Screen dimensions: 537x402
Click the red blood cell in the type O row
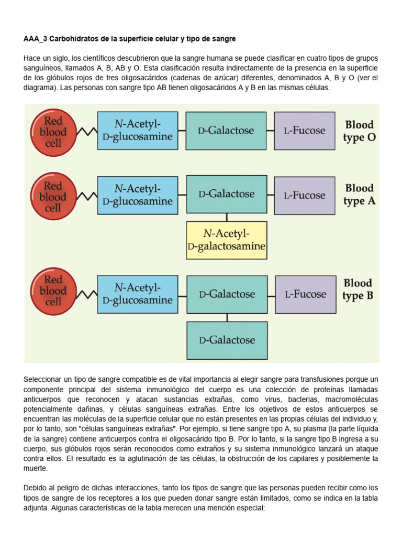point(53,131)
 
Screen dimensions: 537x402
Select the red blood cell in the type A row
point(53,197)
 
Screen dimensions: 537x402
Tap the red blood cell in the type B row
point(53,291)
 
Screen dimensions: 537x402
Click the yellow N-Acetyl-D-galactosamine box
point(227,240)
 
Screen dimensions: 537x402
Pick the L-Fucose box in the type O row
point(305,131)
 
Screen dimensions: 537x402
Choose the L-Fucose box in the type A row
point(305,196)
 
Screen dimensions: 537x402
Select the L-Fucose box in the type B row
point(305,295)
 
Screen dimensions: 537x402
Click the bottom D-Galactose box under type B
point(227,340)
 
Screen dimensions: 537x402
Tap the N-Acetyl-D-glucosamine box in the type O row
point(138,131)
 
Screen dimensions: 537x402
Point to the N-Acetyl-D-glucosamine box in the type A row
point(138,195)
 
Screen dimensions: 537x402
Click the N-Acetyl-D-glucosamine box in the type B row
point(138,294)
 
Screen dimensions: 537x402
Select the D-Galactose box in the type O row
point(227,131)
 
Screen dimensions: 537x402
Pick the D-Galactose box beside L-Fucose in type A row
point(227,194)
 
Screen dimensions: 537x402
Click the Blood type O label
point(359,132)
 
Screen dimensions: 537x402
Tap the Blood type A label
point(359,195)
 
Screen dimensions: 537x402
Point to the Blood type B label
point(358,289)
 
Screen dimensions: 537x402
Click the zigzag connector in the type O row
point(86,131)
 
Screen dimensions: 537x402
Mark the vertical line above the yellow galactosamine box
point(227,217)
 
